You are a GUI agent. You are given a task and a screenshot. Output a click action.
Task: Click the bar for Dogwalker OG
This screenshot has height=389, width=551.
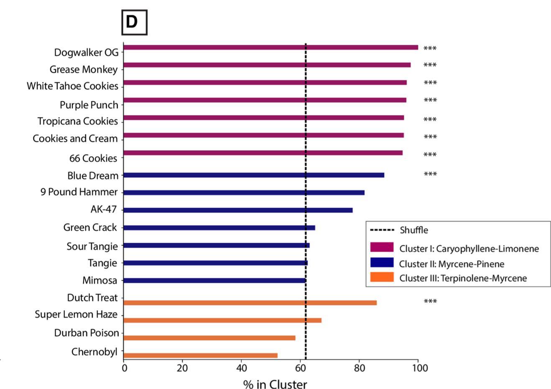(270, 47)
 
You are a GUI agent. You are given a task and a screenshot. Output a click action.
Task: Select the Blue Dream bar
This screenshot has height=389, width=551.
(253, 175)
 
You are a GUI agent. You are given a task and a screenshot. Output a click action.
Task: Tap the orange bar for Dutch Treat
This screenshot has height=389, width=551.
(250, 303)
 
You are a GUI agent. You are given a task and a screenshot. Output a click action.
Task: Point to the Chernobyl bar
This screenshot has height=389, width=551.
(200, 356)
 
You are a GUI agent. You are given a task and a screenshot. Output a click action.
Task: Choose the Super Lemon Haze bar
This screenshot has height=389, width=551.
(222, 320)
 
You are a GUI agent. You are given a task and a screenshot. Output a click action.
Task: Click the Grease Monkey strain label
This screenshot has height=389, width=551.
(84, 70)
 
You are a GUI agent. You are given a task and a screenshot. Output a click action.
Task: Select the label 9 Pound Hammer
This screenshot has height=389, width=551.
(79, 192)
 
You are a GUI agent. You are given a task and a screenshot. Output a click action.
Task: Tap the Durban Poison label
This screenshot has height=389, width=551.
(87, 333)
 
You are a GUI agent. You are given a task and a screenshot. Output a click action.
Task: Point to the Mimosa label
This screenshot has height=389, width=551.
(100, 281)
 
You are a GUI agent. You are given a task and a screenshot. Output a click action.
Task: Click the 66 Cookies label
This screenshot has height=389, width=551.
(93, 158)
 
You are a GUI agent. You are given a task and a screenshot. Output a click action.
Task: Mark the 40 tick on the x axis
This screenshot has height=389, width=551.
(241, 368)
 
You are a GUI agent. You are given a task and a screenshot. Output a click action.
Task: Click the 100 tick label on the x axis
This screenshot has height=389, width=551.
(420, 368)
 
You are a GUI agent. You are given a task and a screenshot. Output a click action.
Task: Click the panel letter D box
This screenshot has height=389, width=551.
(134, 22)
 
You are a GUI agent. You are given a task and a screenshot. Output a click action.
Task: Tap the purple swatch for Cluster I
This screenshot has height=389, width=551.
(382, 247)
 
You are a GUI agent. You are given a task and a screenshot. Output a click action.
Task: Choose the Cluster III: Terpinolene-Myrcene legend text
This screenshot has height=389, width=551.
(463, 278)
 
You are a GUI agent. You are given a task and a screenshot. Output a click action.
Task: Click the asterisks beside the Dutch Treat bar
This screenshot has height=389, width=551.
(430, 301)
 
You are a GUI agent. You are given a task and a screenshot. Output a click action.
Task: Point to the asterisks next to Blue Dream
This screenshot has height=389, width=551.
(430, 174)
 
